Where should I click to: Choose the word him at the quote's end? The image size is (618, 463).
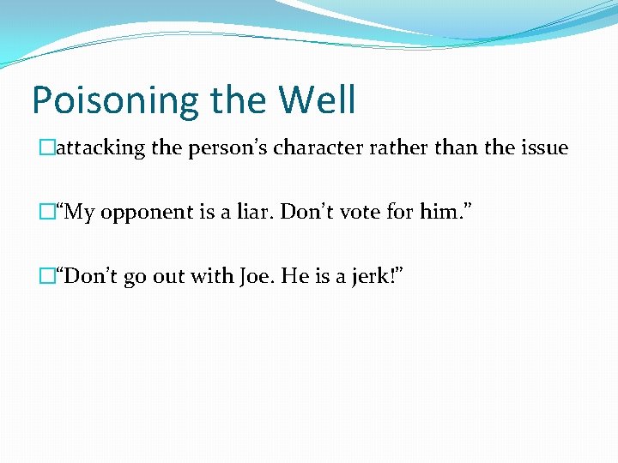[x=409, y=212]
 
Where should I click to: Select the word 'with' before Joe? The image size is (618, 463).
[x=207, y=276]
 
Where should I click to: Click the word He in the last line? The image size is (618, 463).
[x=288, y=276]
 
